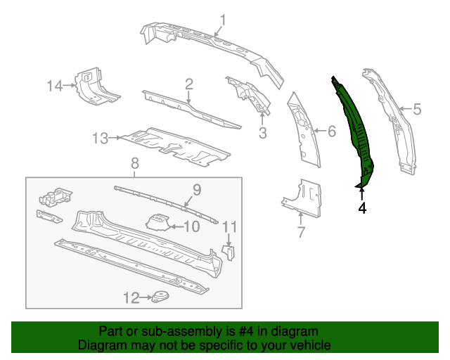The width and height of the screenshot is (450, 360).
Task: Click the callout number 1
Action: [223, 20]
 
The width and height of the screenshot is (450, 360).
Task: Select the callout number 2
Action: [189, 85]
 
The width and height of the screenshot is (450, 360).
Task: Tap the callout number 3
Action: [262, 131]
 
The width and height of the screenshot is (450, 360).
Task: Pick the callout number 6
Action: [332, 130]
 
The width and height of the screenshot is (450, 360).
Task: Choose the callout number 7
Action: [301, 231]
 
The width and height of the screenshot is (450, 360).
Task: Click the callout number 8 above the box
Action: [135, 164]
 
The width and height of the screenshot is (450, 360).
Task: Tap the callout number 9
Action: [197, 189]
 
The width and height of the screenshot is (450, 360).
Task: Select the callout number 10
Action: [191, 226]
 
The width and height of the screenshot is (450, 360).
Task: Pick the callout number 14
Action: [56, 86]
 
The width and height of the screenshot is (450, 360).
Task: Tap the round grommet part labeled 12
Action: [162, 297]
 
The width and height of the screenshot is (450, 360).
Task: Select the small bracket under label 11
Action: [229, 251]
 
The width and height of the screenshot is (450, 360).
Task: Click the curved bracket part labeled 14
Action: [95, 87]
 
